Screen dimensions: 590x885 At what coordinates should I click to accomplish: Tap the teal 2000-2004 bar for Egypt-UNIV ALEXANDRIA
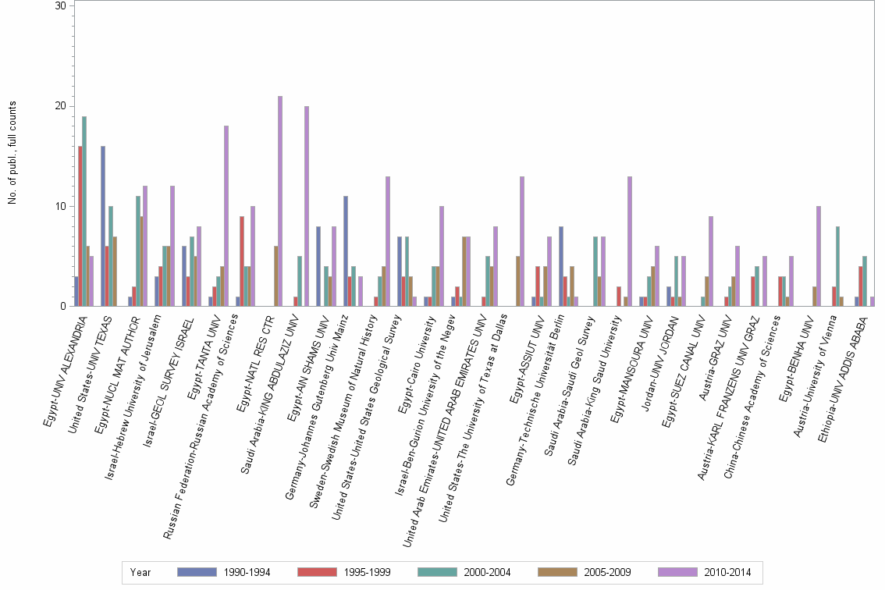coord(84,211)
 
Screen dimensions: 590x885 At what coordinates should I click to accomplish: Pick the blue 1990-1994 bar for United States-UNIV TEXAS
coord(103,226)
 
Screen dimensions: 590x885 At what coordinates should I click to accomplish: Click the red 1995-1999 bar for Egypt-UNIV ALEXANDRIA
coord(80,226)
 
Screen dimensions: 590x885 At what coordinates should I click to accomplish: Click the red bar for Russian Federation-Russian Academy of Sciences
coord(242,261)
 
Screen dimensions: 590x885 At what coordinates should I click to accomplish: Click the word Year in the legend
coord(140,572)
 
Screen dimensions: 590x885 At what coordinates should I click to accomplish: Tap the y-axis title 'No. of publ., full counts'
coord(13,153)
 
